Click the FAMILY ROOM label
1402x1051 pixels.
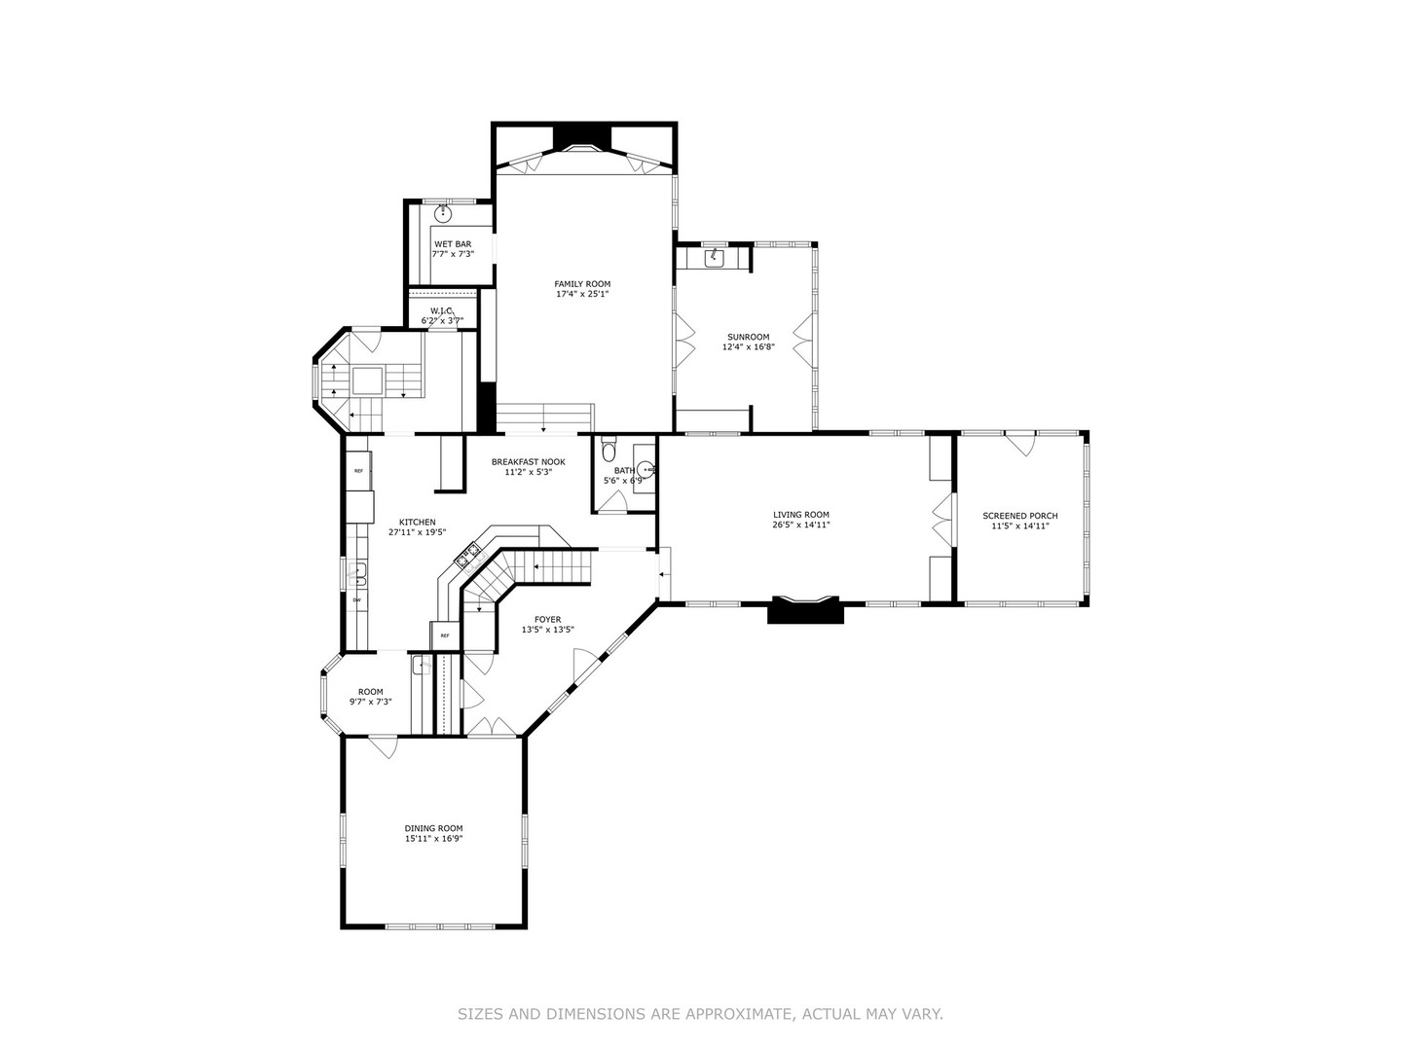pyautogui.click(x=582, y=283)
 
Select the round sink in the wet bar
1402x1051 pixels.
pyautogui.click(x=443, y=212)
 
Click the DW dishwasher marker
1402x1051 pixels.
pyautogui.click(x=356, y=599)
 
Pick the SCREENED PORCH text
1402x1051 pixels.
pyautogui.click(x=1019, y=516)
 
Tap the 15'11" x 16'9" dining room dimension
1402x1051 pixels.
pyautogui.click(x=433, y=838)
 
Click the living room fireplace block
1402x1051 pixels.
pyautogui.click(x=804, y=610)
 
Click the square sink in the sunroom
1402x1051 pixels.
pyautogui.click(x=714, y=256)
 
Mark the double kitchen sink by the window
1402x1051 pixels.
pyautogui.click(x=357, y=574)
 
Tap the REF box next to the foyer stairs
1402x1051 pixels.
pyautogui.click(x=445, y=635)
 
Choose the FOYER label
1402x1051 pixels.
pyautogui.click(x=547, y=619)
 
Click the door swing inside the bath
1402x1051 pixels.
pyautogui.click(x=613, y=500)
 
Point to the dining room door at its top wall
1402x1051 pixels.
pyautogui.click(x=382, y=746)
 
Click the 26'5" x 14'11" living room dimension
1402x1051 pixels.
pyautogui.click(x=800, y=525)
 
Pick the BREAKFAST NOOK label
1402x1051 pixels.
pyautogui.click(x=528, y=461)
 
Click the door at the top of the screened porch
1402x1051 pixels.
pyautogui.click(x=1019, y=443)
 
